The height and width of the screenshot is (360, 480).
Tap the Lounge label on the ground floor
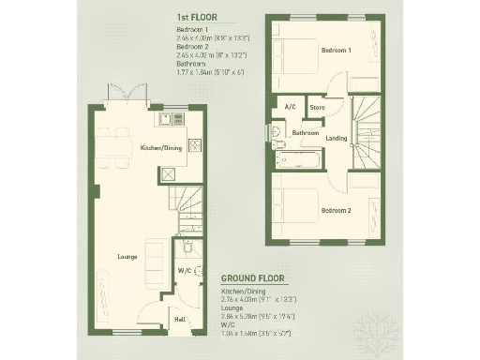tap(128, 255)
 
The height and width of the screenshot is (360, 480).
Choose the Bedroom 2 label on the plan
tap(336, 210)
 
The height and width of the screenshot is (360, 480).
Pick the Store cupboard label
tap(317, 108)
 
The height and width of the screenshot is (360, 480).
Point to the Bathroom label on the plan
tap(306, 132)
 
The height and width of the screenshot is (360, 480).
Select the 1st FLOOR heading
tap(197, 18)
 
